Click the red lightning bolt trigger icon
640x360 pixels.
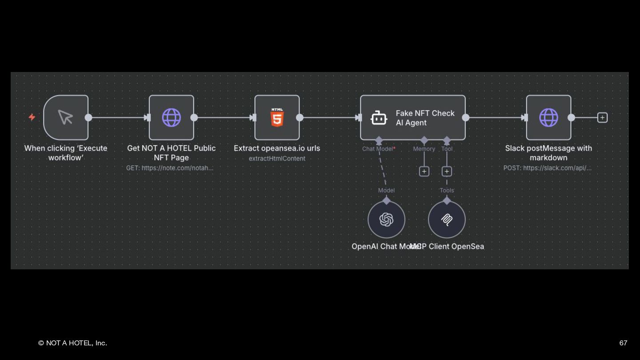pyautogui.click(x=32, y=117)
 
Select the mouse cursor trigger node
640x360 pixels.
pyautogui.click(x=66, y=117)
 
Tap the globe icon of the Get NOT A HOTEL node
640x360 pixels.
pyautogui.click(x=172, y=117)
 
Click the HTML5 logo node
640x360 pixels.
pyautogui.click(x=277, y=117)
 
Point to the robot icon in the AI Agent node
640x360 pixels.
pyautogui.click(x=379, y=118)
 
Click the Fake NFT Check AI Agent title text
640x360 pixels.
pyautogui.click(x=425, y=118)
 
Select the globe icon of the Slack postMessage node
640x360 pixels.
pyautogui.click(x=548, y=117)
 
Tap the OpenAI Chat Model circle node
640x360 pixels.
pyautogui.click(x=386, y=220)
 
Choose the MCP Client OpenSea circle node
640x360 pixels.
pyautogui.click(x=447, y=220)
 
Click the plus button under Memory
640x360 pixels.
pyautogui.click(x=424, y=171)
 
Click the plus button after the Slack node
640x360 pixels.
pyautogui.click(x=602, y=117)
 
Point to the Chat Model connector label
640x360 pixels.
pyautogui.click(x=378, y=149)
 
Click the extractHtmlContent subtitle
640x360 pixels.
pyautogui.click(x=277, y=158)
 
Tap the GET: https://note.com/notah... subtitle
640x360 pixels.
pyautogui.click(x=170, y=168)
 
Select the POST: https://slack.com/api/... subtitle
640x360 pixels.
pyautogui.click(x=548, y=168)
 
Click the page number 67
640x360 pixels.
pyautogui.click(x=623, y=343)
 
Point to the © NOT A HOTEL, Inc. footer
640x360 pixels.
pyautogui.click(x=72, y=343)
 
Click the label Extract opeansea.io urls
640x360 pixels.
pyautogui.click(x=277, y=148)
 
